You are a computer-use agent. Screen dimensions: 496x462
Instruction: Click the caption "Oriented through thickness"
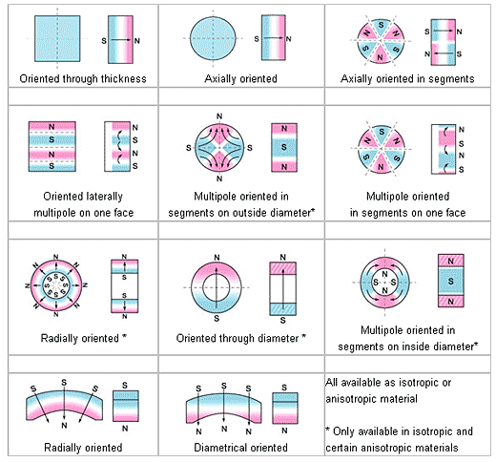tap(83, 78)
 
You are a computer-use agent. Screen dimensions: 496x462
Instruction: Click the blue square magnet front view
tap(57, 38)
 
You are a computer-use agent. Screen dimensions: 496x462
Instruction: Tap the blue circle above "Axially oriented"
tap(213, 38)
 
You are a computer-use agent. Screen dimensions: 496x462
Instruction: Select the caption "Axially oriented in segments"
tap(407, 78)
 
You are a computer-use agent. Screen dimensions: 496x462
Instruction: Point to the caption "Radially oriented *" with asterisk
tap(84, 338)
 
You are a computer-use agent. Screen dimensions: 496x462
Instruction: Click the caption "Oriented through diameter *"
tap(241, 338)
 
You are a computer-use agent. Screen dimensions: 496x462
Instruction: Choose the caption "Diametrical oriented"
tap(240, 448)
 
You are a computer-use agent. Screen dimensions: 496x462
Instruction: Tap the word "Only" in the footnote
tap(343, 431)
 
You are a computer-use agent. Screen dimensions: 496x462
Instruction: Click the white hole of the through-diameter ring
tap(217, 287)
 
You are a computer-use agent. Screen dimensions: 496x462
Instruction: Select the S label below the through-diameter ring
tap(217, 318)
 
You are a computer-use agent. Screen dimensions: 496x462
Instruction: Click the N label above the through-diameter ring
tap(217, 258)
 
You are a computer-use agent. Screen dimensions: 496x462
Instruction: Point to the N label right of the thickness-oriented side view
tap(137, 41)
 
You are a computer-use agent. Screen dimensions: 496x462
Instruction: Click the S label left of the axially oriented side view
tap(257, 39)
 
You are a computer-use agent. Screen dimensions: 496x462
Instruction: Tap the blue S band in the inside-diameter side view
tap(450, 281)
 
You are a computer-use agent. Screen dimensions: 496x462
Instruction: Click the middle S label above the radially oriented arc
tap(64, 383)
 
